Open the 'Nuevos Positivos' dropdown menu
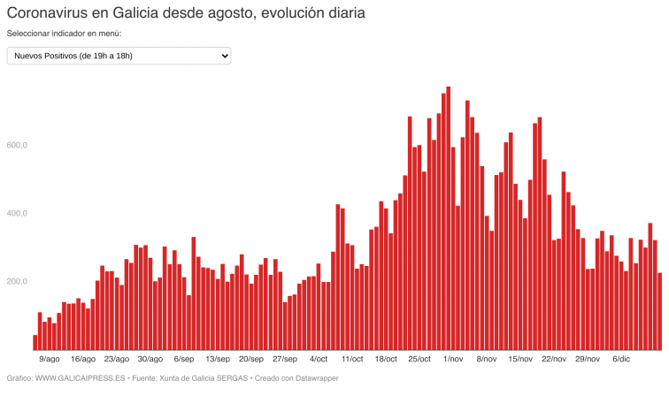pyautogui.click(x=119, y=57)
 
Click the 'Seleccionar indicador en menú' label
pyautogui.click(x=64, y=34)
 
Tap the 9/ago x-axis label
pyautogui.click(x=50, y=360)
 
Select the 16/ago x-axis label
pyautogui.click(x=83, y=360)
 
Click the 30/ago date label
pyautogui.click(x=150, y=360)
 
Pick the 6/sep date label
pyautogui.click(x=184, y=360)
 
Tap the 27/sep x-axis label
pyautogui.click(x=285, y=360)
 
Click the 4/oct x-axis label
pyautogui.click(x=319, y=360)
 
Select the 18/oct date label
pyautogui.click(x=386, y=360)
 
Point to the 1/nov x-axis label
pyautogui.click(x=453, y=360)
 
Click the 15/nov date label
pyautogui.click(x=520, y=360)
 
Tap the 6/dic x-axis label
pyautogui.click(x=620, y=360)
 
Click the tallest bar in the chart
pyautogui.click(x=449, y=221)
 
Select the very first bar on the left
pyautogui.click(x=35, y=343)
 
